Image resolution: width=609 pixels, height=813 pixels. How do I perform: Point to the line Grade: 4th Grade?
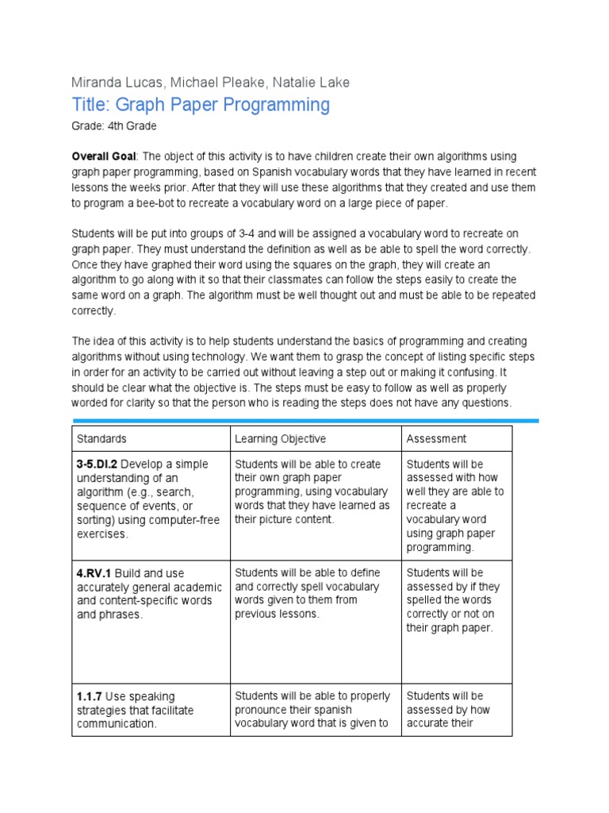tap(114, 126)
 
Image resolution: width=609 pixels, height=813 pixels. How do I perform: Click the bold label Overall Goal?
tap(104, 156)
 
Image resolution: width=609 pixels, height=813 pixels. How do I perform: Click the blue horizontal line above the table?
tap(305, 420)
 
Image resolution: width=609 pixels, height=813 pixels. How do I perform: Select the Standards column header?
tap(101, 439)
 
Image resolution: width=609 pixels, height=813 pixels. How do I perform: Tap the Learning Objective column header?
tap(280, 439)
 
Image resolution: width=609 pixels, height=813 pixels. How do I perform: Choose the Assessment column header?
tap(436, 439)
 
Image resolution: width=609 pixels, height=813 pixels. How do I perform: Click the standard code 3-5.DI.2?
tap(98, 464)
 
